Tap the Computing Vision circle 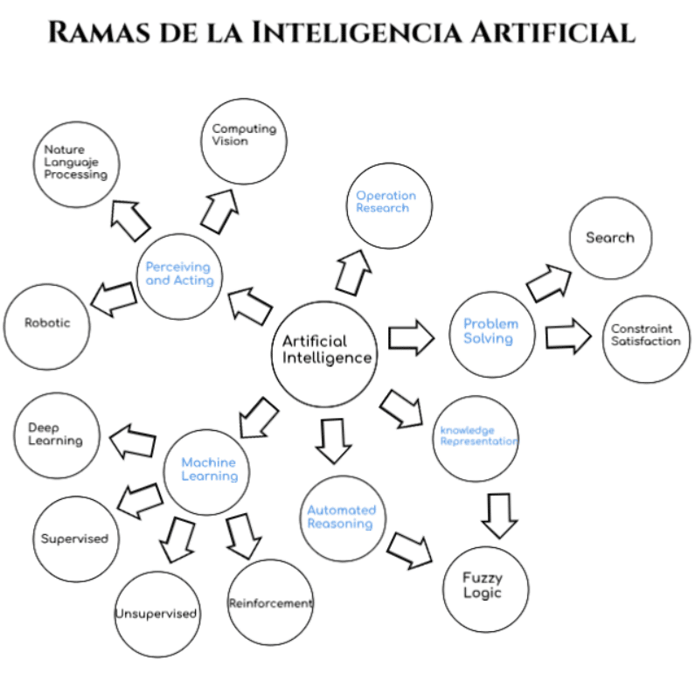[x=244, y=141]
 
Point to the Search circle [x=610, y=238]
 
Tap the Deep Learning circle [x=57, y=435]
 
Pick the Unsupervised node [x=156, y=614]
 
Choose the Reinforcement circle [x=269, y=603]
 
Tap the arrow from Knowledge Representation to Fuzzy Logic [x=499, y=516]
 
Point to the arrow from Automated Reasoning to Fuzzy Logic [x=410, y=547]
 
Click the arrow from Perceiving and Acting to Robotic [x=115, y=298]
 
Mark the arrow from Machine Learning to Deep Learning [x=132, y=441]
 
